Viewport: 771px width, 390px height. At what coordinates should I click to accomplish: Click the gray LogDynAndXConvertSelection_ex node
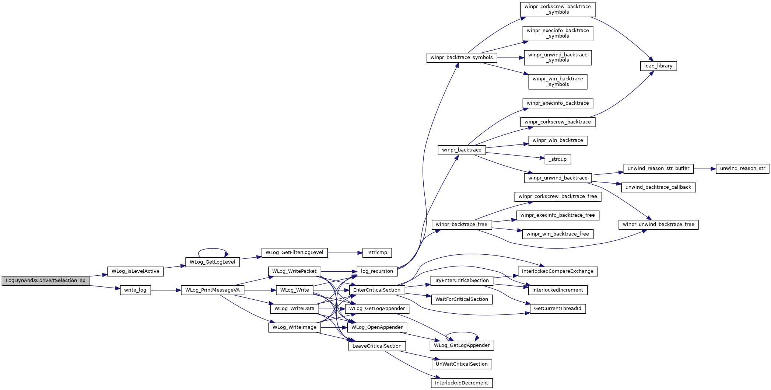point(46,281)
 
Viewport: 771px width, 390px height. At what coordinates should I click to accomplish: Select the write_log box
point(135,290)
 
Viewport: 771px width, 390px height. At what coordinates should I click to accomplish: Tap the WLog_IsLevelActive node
point(135,271)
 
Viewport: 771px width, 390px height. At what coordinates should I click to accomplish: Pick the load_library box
point(658,66)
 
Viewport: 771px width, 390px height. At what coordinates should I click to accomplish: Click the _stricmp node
point(377,253)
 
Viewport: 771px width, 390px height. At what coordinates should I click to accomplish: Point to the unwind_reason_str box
point(742,168)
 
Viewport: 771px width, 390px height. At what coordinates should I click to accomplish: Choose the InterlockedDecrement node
point(462,383)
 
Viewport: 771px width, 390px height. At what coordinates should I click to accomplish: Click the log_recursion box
point(377,271)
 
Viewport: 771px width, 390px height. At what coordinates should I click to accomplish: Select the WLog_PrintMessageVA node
point(213,290)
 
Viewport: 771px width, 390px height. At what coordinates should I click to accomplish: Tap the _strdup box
point(558,159)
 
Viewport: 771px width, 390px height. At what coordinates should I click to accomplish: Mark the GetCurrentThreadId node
point(558,309)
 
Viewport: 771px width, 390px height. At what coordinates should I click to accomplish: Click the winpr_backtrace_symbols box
point(462,58)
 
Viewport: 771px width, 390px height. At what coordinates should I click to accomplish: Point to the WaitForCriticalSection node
point(462,299)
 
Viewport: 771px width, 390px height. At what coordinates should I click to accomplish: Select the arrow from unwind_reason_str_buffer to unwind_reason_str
point(705,168)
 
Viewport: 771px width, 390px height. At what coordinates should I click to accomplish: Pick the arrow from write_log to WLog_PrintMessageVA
point(166,290)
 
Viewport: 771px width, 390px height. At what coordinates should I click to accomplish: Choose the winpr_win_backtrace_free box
point(558,234)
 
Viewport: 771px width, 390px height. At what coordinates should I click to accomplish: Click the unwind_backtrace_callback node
point(658,187)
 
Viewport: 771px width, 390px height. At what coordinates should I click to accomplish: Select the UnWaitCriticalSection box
point(462,364)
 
